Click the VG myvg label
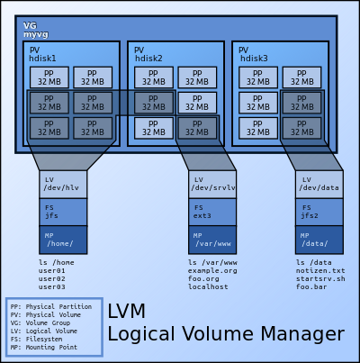35,31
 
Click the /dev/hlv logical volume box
63,185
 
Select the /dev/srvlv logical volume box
212,185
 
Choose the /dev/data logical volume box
319,185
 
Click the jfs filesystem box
63,213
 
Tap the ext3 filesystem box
212,213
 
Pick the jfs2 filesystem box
319,213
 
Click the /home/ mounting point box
63,240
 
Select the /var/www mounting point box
212,240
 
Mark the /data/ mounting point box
319,240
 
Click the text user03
52,286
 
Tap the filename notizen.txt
320,270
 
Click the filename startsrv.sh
320,278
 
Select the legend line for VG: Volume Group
49,322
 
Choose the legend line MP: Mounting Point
49,346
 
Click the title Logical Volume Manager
225,334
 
